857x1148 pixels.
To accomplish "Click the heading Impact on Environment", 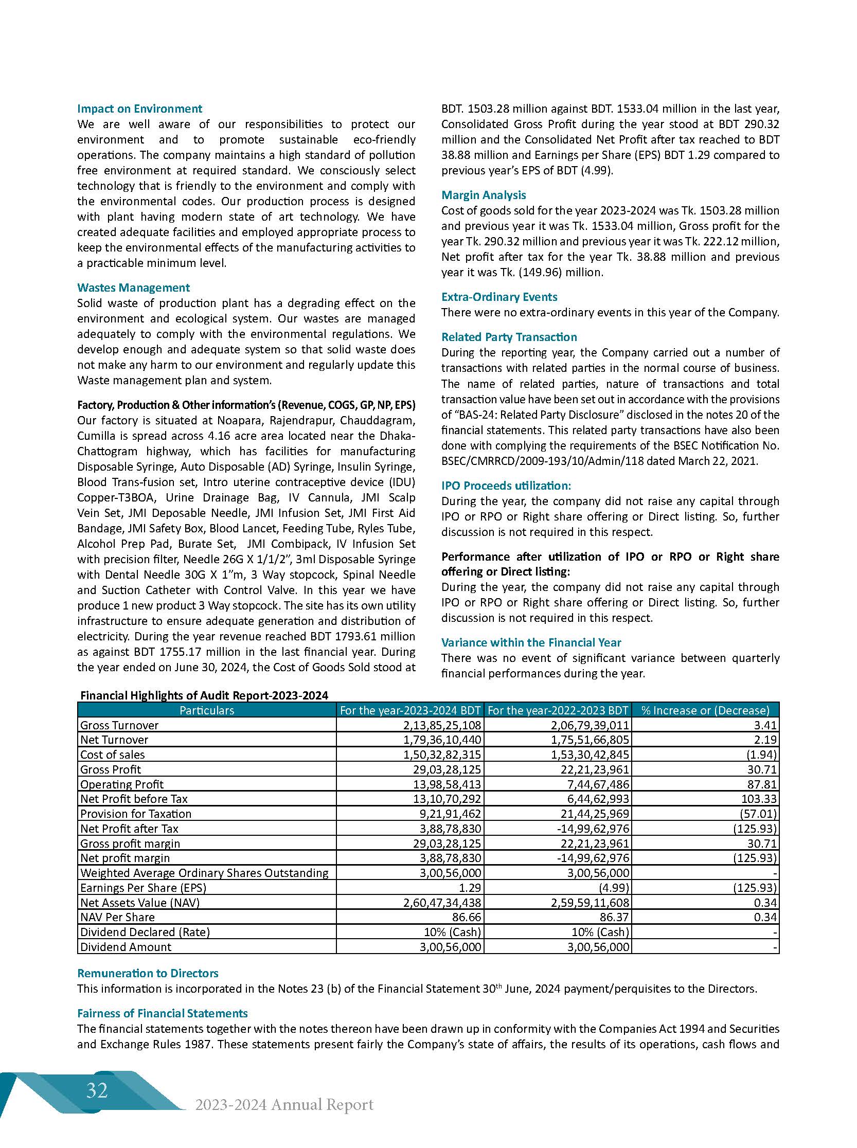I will click(139, 109).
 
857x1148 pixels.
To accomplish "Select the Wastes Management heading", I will click(133, 288).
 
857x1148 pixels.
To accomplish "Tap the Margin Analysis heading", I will click(484, 195).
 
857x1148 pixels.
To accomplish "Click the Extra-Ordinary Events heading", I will click(499, 297).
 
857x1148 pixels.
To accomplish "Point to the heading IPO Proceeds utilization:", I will click(506, 486).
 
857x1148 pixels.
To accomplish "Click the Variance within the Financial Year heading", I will click(531, 643).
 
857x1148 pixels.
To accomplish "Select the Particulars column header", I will click(206, 710).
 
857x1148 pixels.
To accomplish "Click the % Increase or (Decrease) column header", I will click(705, 710).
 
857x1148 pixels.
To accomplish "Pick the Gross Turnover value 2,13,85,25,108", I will click(442, 725).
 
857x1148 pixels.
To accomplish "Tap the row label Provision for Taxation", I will click(135, 814).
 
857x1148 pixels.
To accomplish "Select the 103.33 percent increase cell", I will click(760, 799).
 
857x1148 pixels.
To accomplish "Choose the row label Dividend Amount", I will click(126, 947).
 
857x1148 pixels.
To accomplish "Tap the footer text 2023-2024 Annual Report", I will click(284, 1104).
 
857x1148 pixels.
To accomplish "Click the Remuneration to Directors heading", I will click(148, 974).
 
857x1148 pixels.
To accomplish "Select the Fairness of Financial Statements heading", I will click(163, 1014).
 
